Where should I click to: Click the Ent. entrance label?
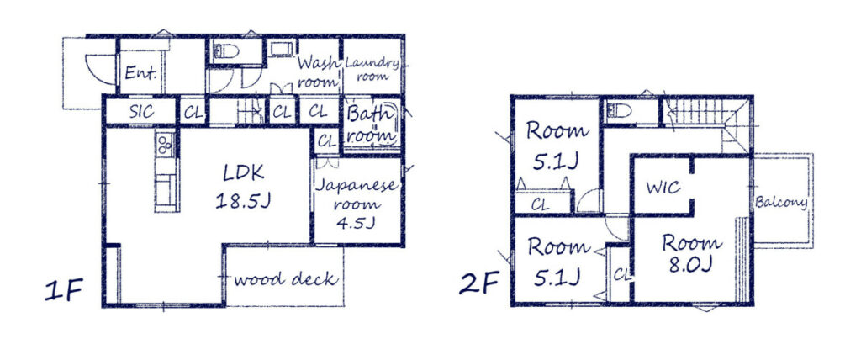[140, 73]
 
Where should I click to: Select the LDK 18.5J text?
[244, 187]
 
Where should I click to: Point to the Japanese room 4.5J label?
[357, 204]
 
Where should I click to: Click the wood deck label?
[286, 279]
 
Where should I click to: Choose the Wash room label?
[318, 72]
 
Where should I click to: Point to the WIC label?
[663, 187]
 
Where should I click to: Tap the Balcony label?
[781, 203]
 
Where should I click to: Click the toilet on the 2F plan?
[619, 111]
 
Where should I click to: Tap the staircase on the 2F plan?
[702, 111]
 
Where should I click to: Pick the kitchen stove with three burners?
[164, 146]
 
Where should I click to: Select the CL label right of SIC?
[193, 111]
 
